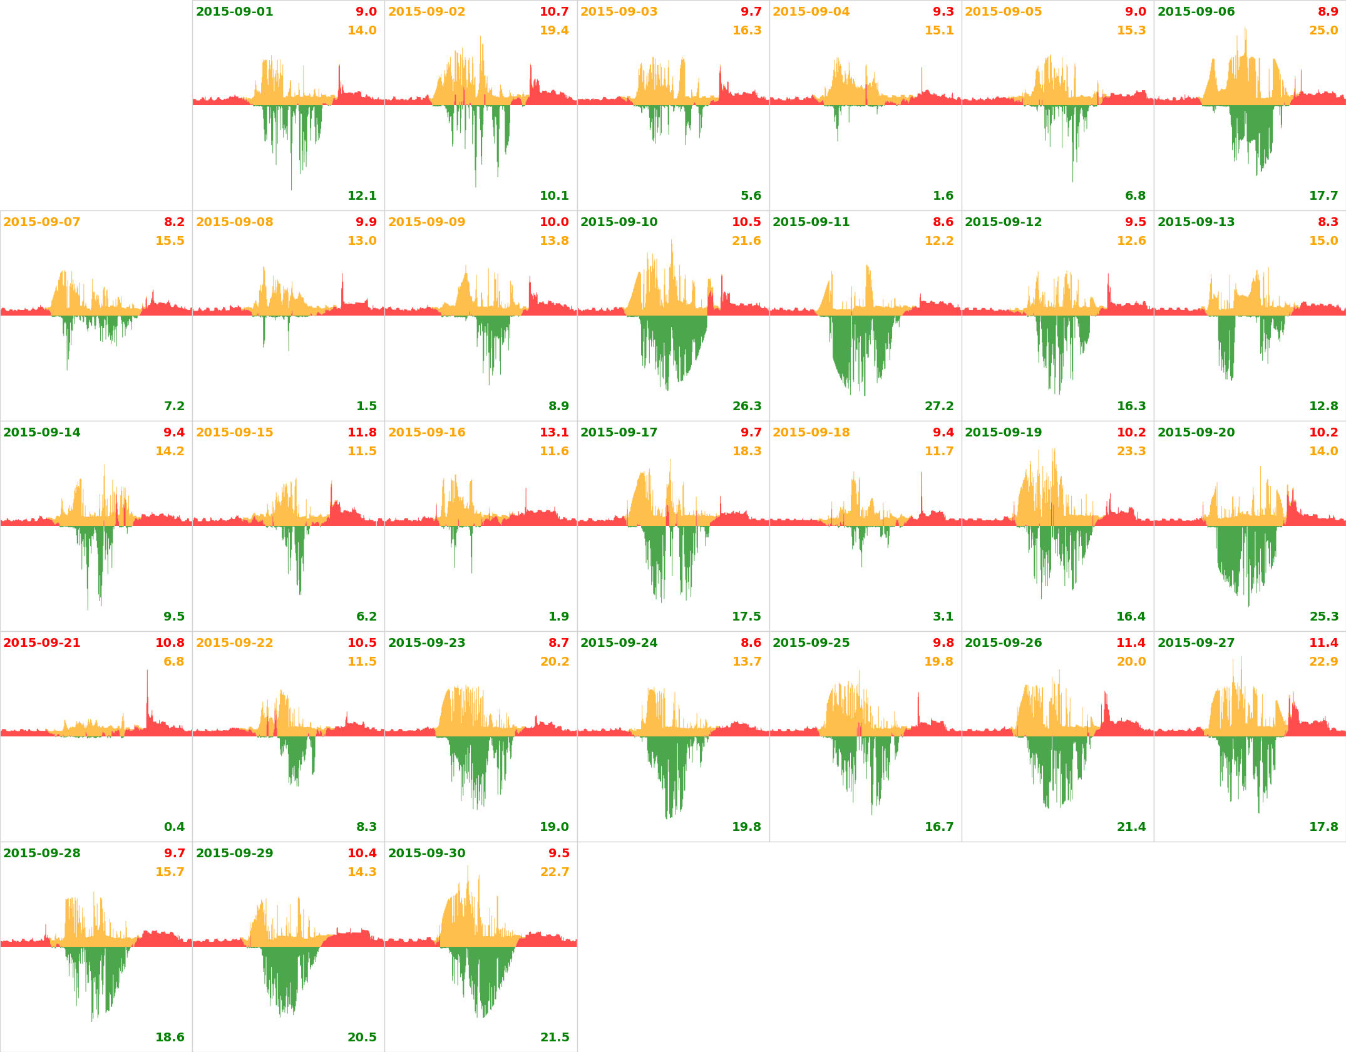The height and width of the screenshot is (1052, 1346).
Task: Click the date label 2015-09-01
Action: click(234, 12)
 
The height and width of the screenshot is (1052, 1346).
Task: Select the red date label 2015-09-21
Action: click(42, 643)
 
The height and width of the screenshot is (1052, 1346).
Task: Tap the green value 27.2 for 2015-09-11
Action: click(939, 406)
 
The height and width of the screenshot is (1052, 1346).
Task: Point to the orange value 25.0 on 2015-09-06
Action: click(1323, 31)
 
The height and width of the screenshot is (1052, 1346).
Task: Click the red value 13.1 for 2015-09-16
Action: click(554, 433)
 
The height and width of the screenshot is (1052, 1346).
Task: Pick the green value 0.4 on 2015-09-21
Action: click(174, 827)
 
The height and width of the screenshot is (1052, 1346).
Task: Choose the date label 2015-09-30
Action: click(426, 853)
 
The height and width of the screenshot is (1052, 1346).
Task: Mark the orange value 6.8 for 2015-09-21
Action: click(174, 662)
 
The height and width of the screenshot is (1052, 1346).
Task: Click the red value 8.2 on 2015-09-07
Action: click(174, 222)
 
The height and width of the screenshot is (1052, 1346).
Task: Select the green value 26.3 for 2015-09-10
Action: click(747, 406)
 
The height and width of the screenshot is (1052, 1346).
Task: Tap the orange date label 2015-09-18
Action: click(811, 433)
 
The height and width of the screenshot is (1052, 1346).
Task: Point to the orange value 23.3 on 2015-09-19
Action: click(1131, 451)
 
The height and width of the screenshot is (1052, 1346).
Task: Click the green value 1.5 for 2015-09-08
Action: click(366, 406)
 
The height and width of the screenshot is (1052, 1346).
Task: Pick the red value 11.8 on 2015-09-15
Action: click(362, 433)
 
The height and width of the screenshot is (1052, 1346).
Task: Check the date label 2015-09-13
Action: click(1196, 222)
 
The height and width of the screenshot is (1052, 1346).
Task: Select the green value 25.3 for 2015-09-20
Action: click(1323, 617)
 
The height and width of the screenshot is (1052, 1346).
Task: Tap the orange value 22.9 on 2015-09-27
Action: click(1323, 662)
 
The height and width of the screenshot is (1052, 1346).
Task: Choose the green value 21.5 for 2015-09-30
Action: click(554, 1038)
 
